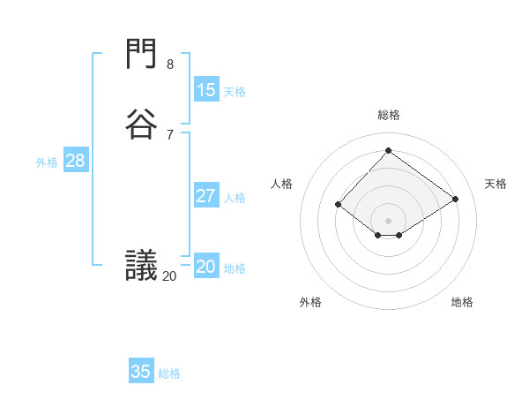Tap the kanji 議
coord(142,266)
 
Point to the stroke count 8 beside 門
coord(170,64)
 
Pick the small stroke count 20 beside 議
coord(169,276)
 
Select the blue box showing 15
coord(205,89)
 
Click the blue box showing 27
coord(205,195)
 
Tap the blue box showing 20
coord(205,267)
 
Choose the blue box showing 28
coord(75,161)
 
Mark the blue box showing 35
coord(141,371)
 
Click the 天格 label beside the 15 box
coord(235,91)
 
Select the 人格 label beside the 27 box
coord(235,197)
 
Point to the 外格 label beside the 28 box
coord(47,162)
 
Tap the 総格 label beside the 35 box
coord(169,373)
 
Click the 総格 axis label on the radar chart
coord(388,115)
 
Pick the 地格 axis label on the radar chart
coord(462,302)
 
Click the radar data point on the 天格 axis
coord(456,199)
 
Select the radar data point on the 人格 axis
coord(338,205)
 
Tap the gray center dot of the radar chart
coord(388,220)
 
